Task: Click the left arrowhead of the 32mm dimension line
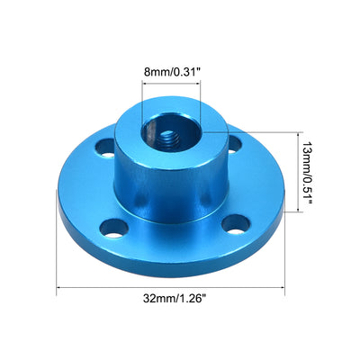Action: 61,289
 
